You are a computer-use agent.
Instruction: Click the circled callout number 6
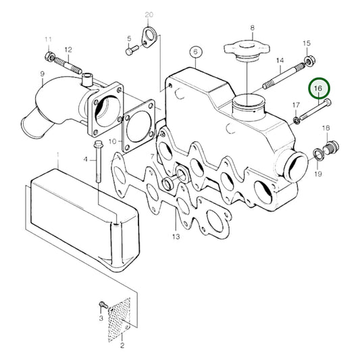[195, 52]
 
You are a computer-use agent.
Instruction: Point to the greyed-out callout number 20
[149, 14]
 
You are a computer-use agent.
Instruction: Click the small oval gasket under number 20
[148, 36]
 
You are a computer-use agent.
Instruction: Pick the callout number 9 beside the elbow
[42, 74]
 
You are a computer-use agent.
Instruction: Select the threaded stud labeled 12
[68, 66]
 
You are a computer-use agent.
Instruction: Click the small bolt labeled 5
[130, 49]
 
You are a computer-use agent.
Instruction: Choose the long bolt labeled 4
[98, 166]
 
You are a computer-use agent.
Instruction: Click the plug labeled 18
[330, 147]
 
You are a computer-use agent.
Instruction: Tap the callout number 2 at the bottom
[122, 346]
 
